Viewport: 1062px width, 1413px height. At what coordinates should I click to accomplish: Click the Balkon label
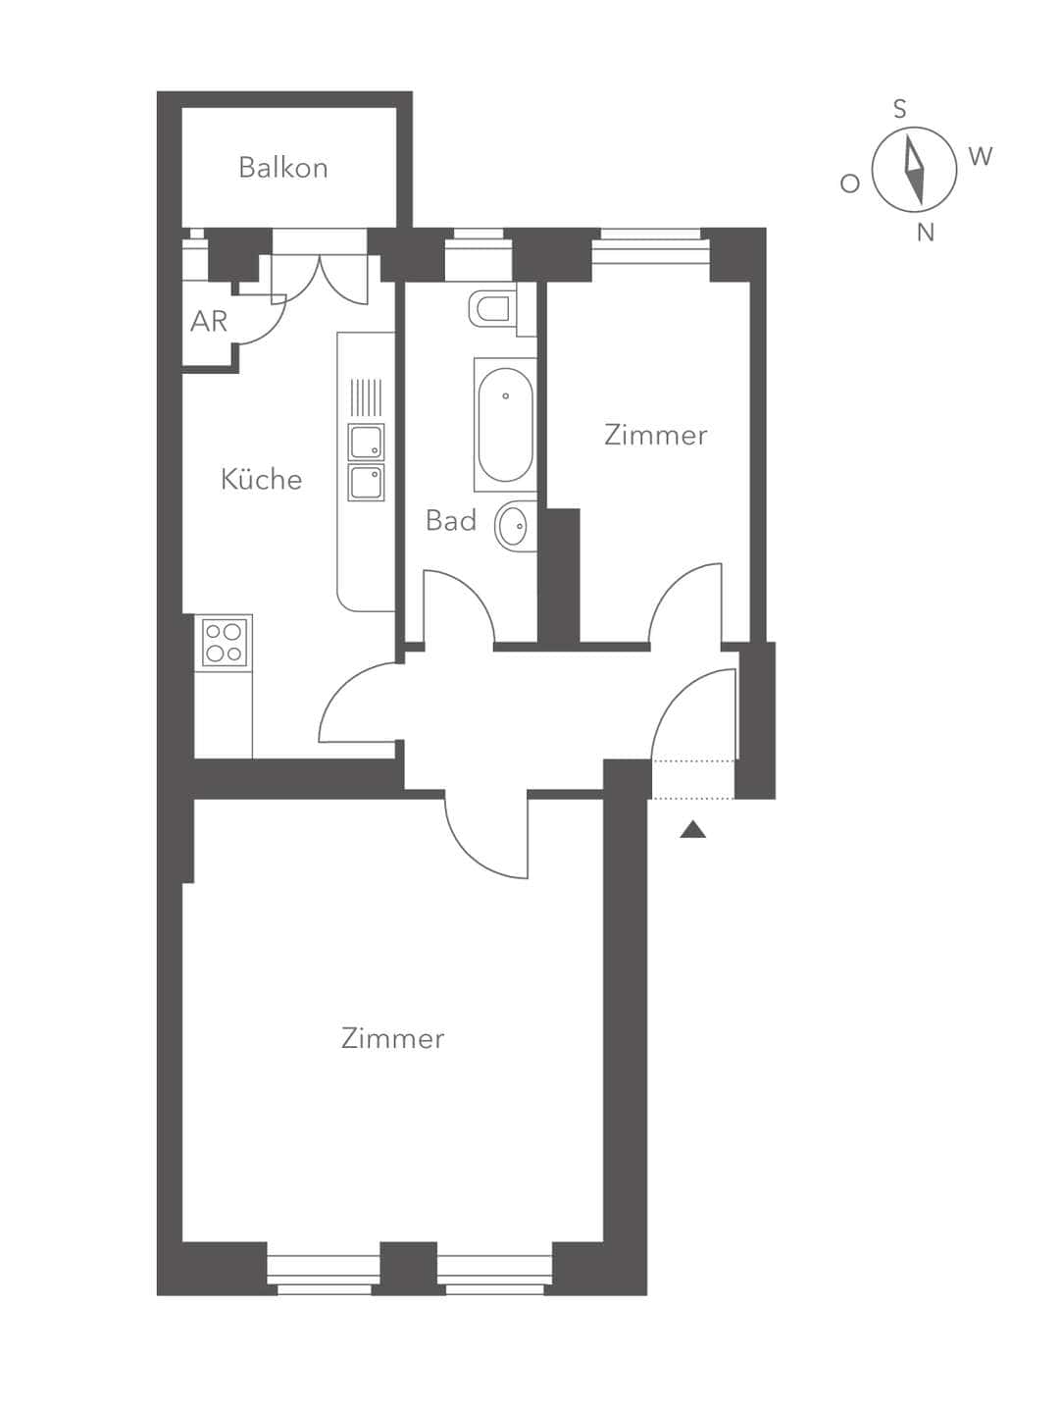(x=282, y=168)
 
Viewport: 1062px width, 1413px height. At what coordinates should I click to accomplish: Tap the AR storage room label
(x=209, y=321)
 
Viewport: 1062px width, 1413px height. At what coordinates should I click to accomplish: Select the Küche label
(x=261, y=479)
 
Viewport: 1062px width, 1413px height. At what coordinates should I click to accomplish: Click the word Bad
(x=450, y=520)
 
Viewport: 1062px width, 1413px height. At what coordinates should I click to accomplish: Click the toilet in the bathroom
(x=492, y=308)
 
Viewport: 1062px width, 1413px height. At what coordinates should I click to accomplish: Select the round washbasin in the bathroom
(x=513, y=526)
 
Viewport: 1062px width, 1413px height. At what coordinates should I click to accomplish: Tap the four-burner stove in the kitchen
(x=225, y=643)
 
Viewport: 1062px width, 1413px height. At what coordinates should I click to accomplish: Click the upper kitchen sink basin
(x=366, y=443)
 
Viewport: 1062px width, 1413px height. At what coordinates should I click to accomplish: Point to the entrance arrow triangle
(x=693, y=830)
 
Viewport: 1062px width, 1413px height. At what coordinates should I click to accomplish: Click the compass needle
(x=915, y=171)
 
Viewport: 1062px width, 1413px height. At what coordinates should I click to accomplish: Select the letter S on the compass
(x=900, y=109)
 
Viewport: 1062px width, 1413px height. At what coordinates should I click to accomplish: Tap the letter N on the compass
(x=925, y=234)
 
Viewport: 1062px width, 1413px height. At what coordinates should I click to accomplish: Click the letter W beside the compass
(x=980, y=156)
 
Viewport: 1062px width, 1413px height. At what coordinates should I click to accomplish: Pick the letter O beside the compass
(x=850, y=183)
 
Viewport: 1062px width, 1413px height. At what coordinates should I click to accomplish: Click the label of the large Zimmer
(x=392, y=1038)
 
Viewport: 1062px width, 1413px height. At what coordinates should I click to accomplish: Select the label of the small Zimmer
(x=655, y=435)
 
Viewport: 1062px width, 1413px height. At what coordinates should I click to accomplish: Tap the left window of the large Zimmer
(x=324, y=1274)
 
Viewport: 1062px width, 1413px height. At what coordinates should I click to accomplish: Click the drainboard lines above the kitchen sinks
(x=366, y=397)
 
